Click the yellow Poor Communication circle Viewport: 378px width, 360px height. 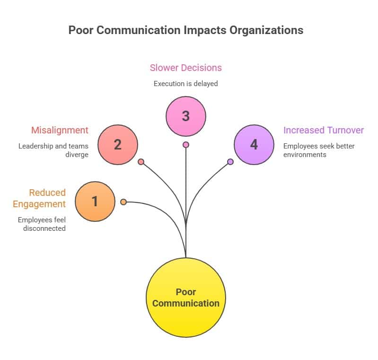click(x=186, y=298)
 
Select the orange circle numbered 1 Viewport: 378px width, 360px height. click(x=95, y=202)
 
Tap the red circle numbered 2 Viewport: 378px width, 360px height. click(x=118, y=144)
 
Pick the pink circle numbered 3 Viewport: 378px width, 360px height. click(x=186, y=116)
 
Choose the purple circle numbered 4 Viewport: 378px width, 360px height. click(x=254, y=144)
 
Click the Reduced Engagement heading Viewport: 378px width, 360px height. click(x=39, y=198)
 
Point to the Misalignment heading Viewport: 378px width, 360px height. click(x=60, y=130)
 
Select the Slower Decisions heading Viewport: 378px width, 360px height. click(x=186, y=68)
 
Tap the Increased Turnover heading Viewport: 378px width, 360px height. click(x=324, y=130)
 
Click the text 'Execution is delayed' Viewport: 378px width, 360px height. click(x=186, y=84)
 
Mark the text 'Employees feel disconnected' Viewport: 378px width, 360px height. click(x=42, y=224)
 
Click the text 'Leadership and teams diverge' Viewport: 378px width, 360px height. click(x=53, y=150)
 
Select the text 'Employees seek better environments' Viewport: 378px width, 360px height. click(x=319, y=150)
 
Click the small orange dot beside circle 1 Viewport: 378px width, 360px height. click(x=123, y=202)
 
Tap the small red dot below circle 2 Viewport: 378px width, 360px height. click(x=141, y=162)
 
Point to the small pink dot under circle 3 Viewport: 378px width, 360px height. click(x=186, y=145)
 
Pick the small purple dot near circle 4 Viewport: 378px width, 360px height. click(x=230, y=162)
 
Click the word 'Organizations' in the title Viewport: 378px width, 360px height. click(x=266, y=30)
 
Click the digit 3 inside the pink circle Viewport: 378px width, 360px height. click(x=186, y=116)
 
